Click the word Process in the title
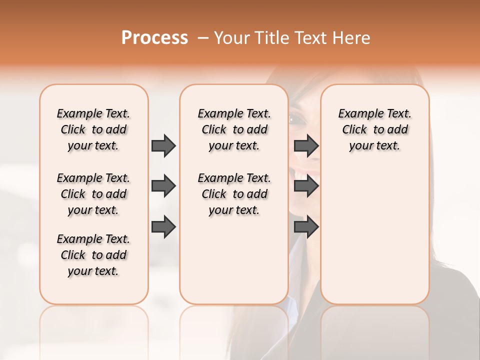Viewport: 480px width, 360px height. point(154,38)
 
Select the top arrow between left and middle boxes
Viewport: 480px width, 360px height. point(163,145)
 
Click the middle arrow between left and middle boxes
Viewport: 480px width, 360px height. point(163,186)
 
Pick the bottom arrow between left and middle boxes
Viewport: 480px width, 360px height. point(163,227)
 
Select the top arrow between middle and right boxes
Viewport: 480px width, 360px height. point(306,145)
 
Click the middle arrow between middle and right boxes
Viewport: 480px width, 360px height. point(306,186)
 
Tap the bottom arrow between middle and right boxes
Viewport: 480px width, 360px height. point(306,227)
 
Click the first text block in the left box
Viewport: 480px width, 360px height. point(93,129)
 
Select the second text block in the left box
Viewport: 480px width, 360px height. point(93,194)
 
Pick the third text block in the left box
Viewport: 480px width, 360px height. point(93,255)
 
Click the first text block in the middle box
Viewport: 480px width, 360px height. point(234,129)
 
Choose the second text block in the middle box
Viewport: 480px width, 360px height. point(234,194)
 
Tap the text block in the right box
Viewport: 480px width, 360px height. point(374,129)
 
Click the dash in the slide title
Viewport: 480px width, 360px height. point(202,38)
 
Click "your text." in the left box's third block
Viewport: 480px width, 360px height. point(93,271)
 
